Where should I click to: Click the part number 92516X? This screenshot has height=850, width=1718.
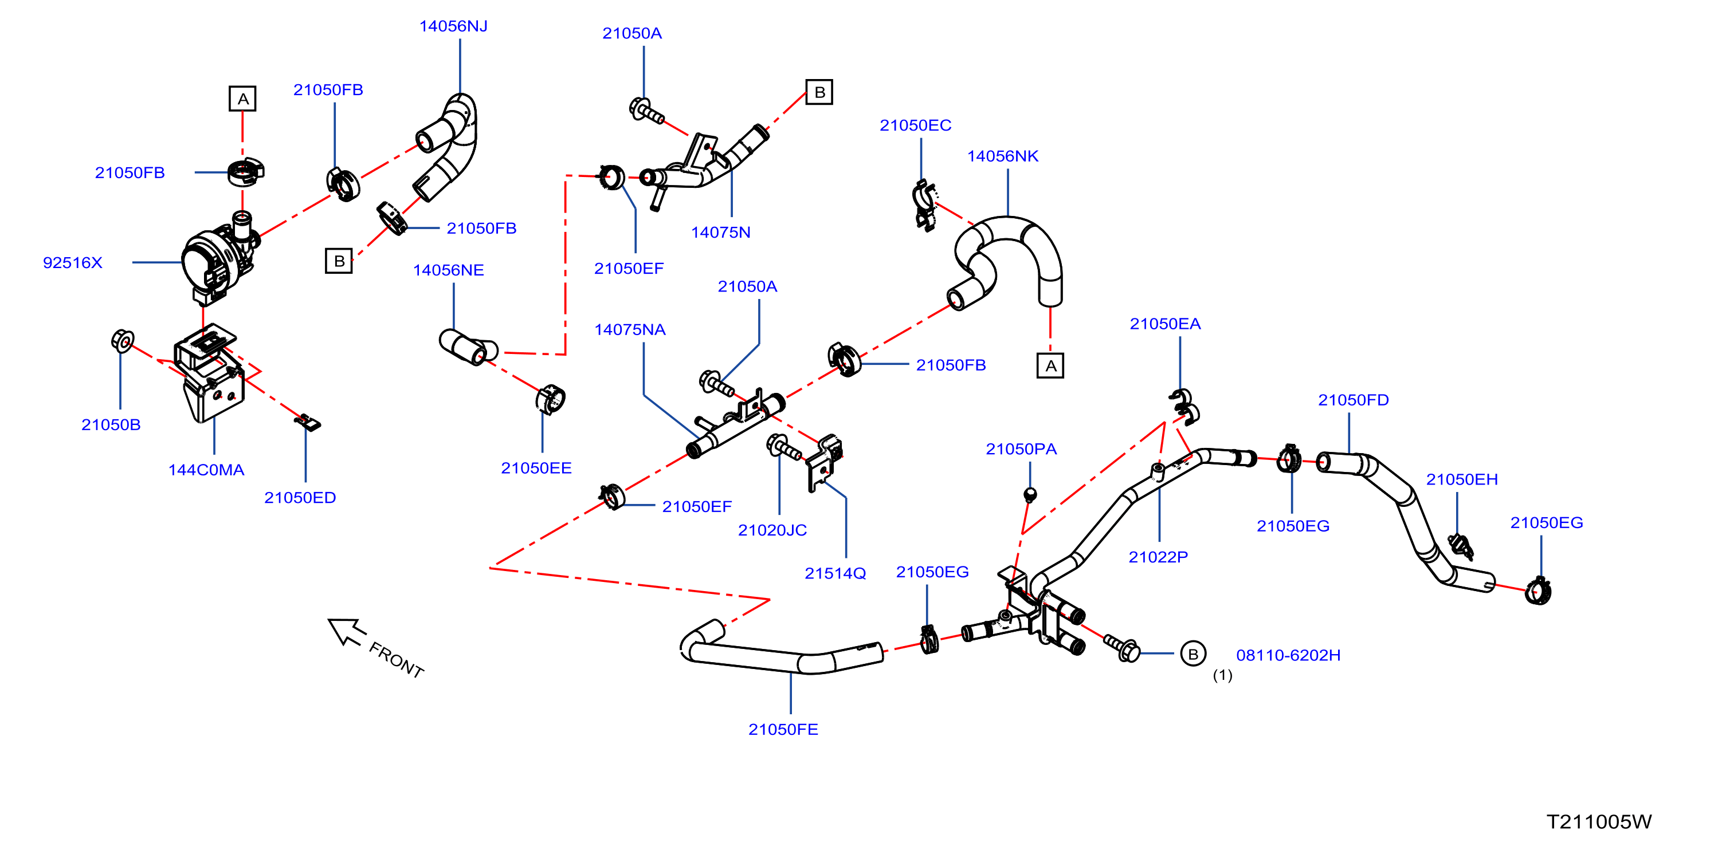[x=73, y=263]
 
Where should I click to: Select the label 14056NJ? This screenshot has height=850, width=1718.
[x=453, y=26]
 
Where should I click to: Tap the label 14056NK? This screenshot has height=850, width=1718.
[x=1003, y=156]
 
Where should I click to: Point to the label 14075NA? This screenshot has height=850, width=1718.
[x=630, y=329]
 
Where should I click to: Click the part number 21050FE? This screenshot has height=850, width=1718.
[x=783, y=729]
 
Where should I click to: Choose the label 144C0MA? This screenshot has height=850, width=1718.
[x=206, y=470]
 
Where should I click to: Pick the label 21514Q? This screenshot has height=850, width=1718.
[x=835, y=573]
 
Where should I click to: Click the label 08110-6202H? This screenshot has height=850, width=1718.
[x=1288, y=655]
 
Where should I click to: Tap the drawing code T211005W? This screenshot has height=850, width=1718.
[x=1599, y=822]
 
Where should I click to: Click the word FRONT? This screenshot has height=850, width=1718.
[x=396, y=660]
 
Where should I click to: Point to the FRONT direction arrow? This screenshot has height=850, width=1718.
[x=346, y=631]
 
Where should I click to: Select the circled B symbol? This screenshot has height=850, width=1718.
[x=1193, y=654]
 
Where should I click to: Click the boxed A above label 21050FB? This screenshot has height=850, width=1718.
[x=243, y=99]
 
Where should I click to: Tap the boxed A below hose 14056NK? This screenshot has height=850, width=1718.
[x=1050, y=365]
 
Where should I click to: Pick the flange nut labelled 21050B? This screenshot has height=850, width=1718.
[x=123, y=341]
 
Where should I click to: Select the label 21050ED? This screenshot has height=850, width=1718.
[x=300, y=498]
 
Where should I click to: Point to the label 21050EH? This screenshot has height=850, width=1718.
[x=1462, y=480]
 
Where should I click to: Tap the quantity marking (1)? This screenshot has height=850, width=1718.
[x=1222, y=676]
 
